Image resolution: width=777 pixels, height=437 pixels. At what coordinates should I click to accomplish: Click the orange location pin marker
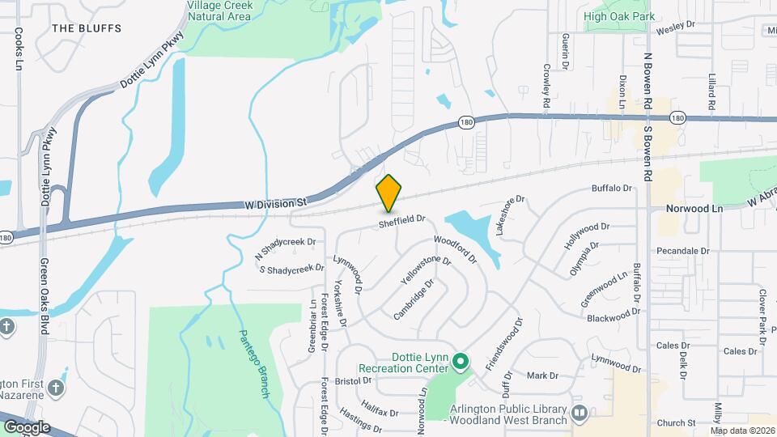pyautogui.click(x=388, y=193)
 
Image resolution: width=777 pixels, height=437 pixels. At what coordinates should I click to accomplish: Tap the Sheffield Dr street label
pyautogui.click(x=402, y=219)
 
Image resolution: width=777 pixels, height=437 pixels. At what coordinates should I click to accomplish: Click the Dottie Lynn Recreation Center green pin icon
pyautogui.click(x=460, y=361)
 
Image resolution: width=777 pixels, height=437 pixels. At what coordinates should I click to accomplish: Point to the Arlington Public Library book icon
pyautogui.click(x=579, y=414)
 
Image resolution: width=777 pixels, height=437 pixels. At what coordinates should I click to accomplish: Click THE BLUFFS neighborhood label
pyautogui.click(x=86, y=28)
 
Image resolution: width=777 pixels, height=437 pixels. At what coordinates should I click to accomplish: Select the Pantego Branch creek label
pyautogui.click(x=253, y=363)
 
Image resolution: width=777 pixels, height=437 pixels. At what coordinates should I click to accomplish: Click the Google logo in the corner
pyautogui.click(x=27, y=426)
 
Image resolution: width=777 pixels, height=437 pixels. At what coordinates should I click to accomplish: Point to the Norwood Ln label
pyautogui.click(x=694, y=208)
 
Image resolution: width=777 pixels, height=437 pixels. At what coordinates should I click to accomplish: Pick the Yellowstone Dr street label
pyautogui.click(x=426, y=271)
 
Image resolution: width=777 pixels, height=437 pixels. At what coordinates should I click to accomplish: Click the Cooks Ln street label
pyautogui.click(x=18, y=50)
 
